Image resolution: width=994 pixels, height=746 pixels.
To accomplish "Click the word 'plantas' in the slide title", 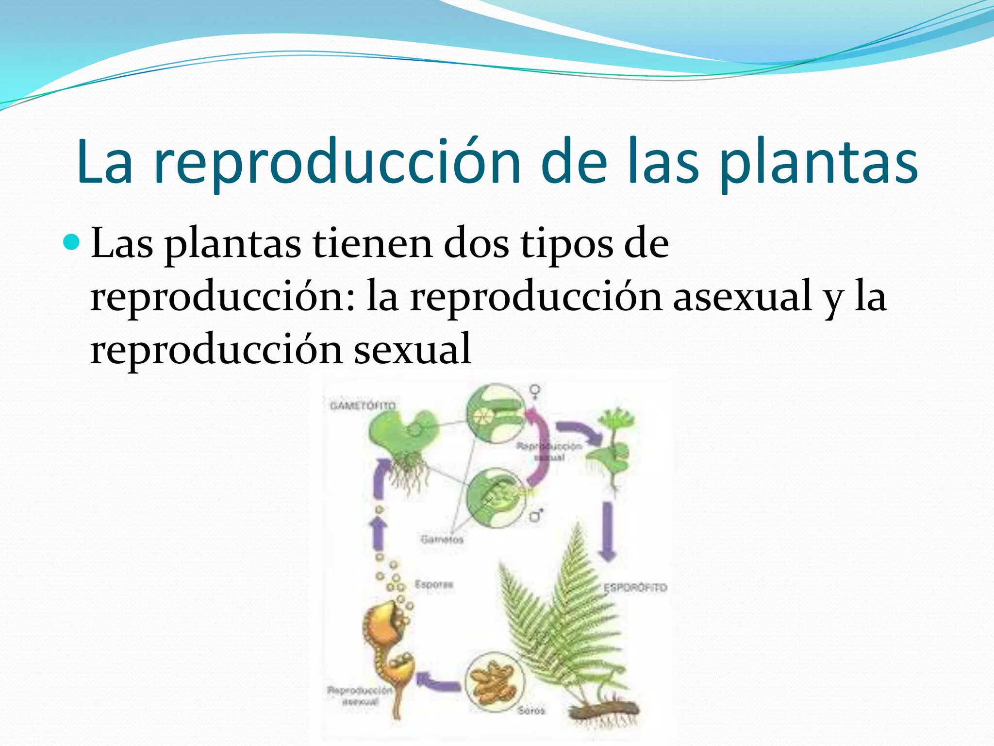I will click(x=819, y=162).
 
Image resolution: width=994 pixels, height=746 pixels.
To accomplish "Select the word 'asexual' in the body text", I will click(x=742, y=296).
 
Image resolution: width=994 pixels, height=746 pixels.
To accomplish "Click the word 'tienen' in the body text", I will click(x=373, y=243).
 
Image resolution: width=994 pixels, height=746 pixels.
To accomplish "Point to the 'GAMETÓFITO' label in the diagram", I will click(x=363, y=406).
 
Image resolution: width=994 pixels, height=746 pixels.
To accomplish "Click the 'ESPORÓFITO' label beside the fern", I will click(x=635, y=588).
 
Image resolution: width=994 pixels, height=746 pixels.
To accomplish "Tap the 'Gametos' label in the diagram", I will click(x=442, y=539).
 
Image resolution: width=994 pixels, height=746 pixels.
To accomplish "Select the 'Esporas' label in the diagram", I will click(x=433, y=584).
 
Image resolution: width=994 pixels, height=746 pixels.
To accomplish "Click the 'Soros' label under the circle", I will click(x=531, y=711).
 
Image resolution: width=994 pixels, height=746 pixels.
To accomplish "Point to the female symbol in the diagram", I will click(x=535, y=391).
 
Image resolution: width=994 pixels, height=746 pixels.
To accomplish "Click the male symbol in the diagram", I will click(x=536, y=515).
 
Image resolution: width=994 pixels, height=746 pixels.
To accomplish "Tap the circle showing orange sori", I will click(x=495, y=680).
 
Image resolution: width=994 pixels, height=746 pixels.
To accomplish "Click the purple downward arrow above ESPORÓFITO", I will click(x=607, y=532).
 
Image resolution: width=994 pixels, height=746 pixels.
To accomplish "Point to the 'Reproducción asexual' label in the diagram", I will click(x=359, y=695).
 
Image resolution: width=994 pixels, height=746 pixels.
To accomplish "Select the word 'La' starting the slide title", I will click(x=104, y=162).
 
